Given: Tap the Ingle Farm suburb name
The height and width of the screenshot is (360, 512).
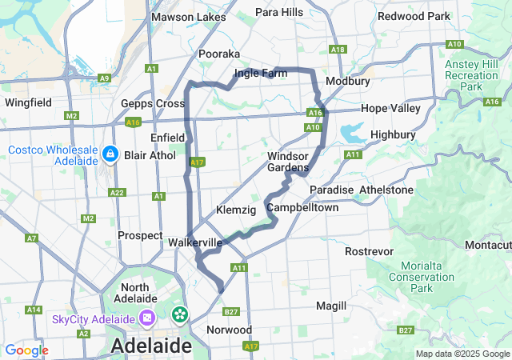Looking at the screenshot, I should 261,74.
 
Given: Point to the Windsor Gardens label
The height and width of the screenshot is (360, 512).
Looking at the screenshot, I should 288,162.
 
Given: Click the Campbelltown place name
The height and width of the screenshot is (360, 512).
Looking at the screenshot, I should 302,207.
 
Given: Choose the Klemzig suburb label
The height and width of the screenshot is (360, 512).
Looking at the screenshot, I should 235,210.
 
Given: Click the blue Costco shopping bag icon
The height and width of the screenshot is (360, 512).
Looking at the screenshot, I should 111,153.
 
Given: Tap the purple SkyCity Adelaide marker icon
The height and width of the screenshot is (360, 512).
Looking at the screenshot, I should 148,318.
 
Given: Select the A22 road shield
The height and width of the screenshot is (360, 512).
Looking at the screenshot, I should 117,193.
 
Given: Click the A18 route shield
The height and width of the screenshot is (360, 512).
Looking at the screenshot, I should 338,50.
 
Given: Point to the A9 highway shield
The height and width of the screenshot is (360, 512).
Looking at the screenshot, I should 104,78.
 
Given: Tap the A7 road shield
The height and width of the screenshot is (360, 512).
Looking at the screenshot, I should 32,238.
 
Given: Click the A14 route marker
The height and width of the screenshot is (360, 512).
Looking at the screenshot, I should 34,310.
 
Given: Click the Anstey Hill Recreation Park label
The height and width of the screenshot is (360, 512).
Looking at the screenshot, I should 471,74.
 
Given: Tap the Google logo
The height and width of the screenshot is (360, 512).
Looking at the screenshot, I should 26,350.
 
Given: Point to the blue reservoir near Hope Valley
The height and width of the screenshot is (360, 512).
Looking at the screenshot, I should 353,131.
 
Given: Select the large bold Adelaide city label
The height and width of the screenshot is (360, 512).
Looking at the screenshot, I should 151,346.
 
